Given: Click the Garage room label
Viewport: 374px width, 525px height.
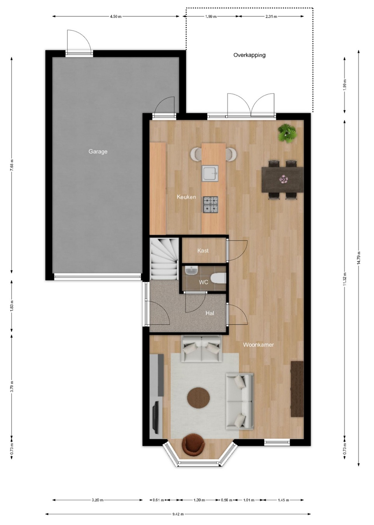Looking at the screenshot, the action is pyautogui.click(x=98, y=151).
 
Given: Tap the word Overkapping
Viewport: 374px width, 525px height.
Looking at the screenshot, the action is pyautogui.click(x=250, y=55).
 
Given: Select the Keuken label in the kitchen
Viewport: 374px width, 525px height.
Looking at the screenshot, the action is pyautogui.click(x=186, y=197).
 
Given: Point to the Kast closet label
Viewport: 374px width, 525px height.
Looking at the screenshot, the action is pyautogui.click(x=203, y=250).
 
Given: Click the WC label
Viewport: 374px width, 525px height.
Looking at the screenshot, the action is pyautogui.click(x=203, y=282).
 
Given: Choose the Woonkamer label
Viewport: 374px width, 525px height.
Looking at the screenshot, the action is pyautogui.click(x=258, y=345).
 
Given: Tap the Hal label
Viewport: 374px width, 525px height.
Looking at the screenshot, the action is pyautogui.click(x=210, y=313).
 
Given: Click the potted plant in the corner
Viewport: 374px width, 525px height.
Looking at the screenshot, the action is pyautogui.click(x=287, y=133).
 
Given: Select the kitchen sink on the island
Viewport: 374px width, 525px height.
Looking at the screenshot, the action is pyautogui.click(x=210, y=173).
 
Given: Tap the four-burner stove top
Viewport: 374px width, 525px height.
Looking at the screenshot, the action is pyautogui.click(x=210, y=205).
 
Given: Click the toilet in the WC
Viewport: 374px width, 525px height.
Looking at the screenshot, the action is pyautogui.click(x=218, y=279).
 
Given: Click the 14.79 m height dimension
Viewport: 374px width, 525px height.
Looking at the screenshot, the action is pyautogui.click(x=358, y=258).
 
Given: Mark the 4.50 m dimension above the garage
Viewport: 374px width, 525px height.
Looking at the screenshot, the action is pyautogui.click(x=116, y=17).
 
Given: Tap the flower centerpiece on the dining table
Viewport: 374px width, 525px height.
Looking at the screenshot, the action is pyautogui.click(x=284, y=179).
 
